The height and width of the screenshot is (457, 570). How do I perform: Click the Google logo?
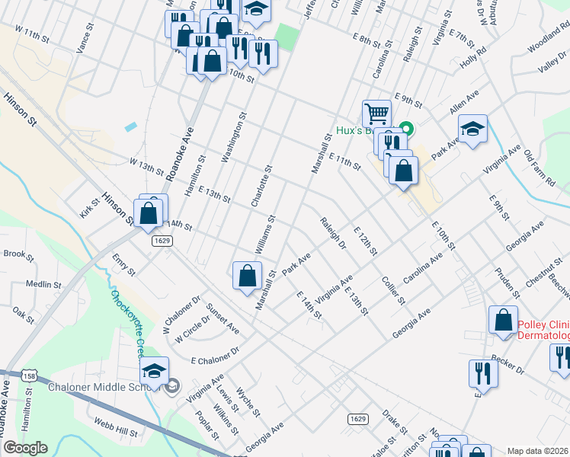coord(24,448)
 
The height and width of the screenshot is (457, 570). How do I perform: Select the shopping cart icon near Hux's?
coord(376,113)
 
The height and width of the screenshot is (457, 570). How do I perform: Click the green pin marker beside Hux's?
coord(407,130)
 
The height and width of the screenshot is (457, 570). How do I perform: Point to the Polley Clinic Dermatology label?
coord(543,330)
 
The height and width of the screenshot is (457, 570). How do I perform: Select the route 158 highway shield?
coord(30,376)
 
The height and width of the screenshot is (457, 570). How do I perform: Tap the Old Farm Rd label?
coord(539,165)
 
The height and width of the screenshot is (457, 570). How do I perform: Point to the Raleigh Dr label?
coord(333,234)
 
